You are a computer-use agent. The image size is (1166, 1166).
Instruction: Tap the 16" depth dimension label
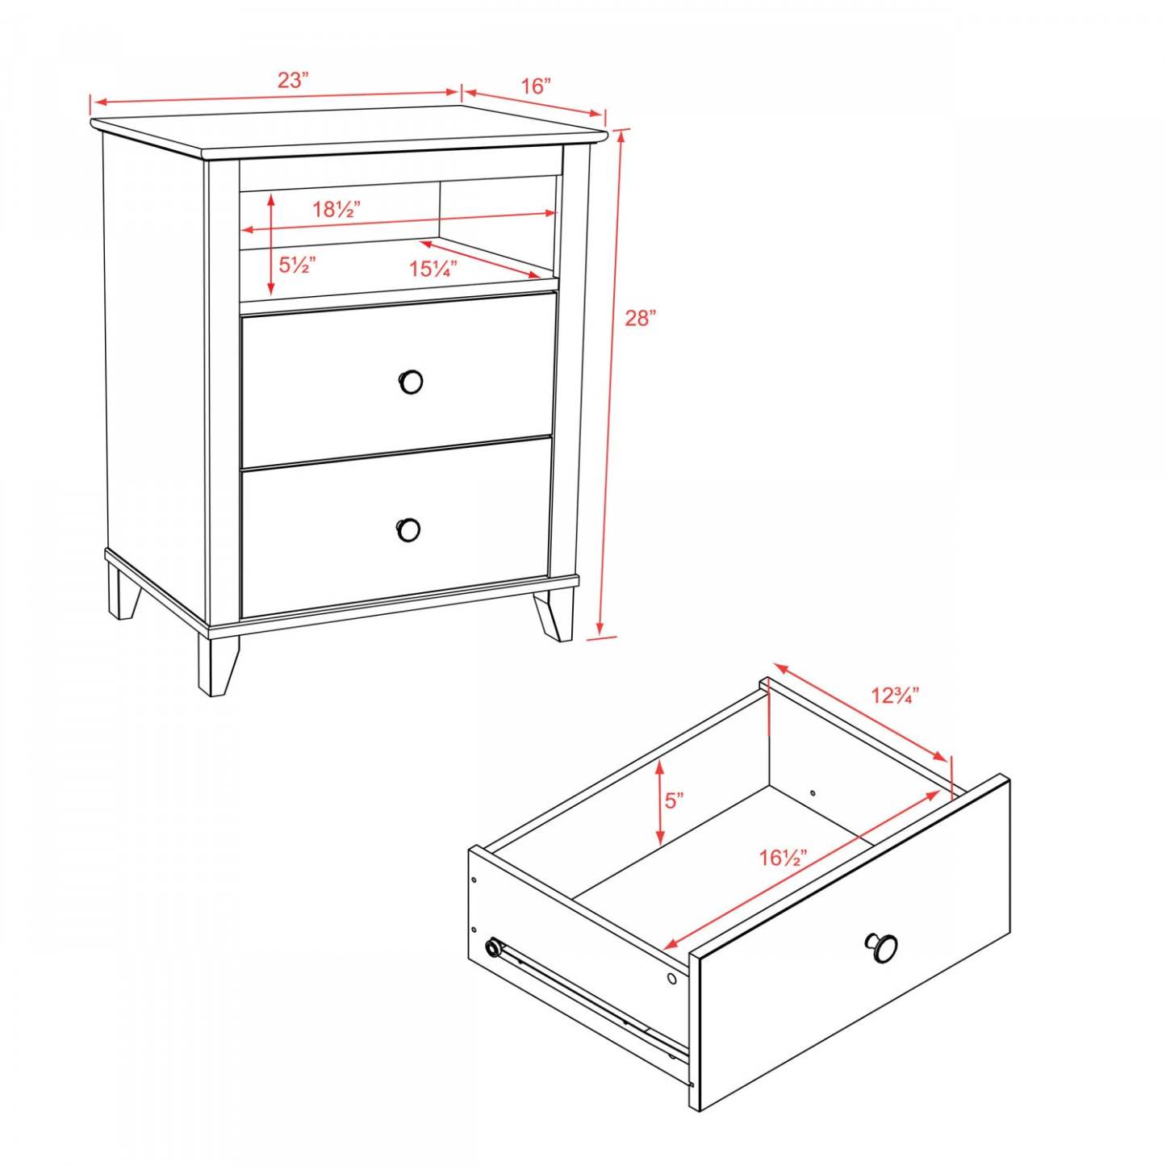coord(536,86)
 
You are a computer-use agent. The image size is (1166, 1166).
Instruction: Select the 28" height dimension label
coord(641,318)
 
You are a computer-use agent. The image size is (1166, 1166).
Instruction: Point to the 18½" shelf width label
coord(336,210)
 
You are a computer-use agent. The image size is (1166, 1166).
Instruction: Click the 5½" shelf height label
coord(297,265)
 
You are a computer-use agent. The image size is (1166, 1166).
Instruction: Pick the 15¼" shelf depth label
coord(433,269)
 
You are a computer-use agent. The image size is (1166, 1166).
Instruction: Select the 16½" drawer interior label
coord(784,857)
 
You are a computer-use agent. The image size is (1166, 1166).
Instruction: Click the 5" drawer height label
coord(675,800)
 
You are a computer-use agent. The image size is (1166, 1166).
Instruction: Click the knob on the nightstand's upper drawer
coord(412,381)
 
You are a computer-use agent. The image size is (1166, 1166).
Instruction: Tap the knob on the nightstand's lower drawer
coord(409,530)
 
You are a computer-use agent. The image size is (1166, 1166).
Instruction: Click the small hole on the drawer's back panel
coord(813,793)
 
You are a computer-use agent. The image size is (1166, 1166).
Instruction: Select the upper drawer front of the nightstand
coord(398,379)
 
